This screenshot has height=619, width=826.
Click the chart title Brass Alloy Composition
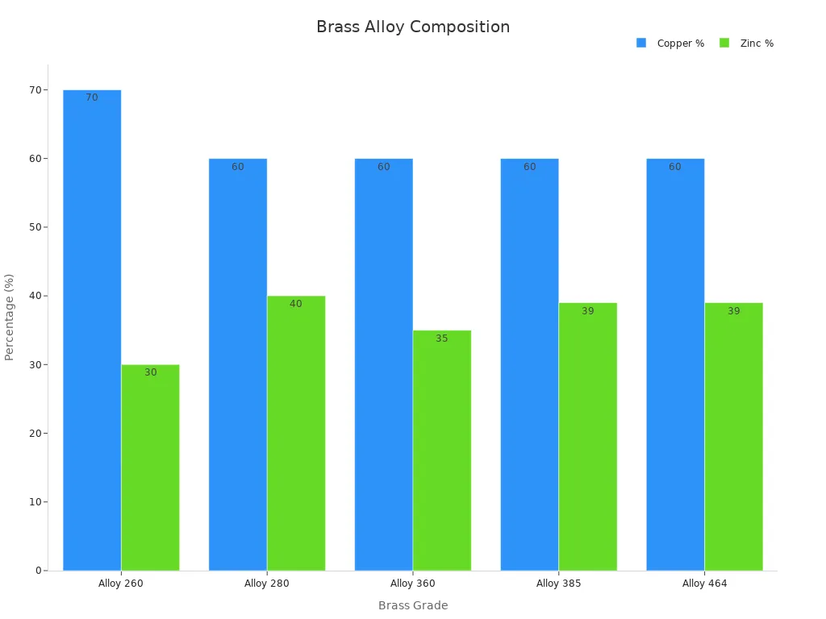[413, 27]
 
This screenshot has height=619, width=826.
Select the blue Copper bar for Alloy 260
[92, 330]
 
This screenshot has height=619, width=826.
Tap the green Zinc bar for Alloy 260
[150, 467]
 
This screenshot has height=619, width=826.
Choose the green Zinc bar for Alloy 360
[442, 451]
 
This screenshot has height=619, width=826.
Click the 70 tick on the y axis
[35, 89]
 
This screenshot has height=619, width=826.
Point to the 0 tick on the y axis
[38, 571]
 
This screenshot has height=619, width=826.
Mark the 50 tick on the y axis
[35, 227]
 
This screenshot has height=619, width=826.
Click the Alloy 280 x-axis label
[267, 584]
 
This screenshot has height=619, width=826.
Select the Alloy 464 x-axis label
[704, 584]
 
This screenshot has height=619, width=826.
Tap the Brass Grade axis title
[413, 605]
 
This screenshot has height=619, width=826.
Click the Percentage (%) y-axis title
[10, 317]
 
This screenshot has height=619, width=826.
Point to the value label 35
[442, 339]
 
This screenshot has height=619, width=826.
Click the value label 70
[92, 98]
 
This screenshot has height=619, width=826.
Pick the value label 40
[296, 304]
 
